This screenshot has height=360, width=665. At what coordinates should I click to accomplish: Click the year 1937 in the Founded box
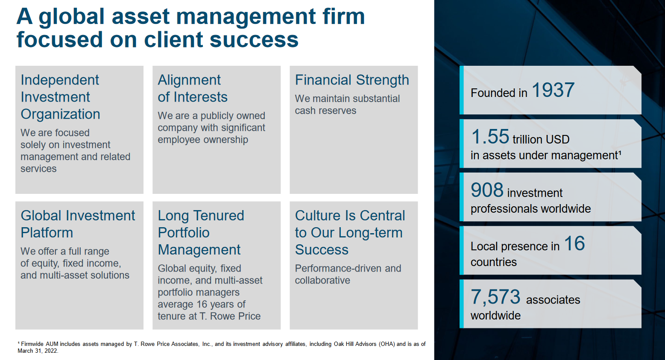553,90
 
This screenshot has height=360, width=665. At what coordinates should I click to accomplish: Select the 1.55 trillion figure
490,137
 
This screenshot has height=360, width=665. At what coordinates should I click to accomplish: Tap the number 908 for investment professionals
487,190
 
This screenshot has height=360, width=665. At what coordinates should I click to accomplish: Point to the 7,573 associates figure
495,297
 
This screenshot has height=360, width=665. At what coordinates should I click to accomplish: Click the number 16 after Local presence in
574,244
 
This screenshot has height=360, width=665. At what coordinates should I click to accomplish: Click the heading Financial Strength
352,80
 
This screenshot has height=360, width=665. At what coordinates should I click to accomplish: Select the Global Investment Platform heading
78,224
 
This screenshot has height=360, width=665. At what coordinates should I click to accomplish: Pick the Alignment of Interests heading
192,88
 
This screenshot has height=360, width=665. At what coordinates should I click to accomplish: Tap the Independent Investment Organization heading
60,97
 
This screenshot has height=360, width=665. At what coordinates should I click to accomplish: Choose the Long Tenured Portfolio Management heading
201,232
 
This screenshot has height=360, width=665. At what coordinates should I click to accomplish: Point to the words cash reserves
325,111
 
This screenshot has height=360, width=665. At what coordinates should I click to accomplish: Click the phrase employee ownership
202,140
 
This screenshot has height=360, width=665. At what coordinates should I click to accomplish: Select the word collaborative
322,281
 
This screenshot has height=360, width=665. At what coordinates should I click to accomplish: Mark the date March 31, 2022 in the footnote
38,351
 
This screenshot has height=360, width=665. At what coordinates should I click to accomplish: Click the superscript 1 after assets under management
620,152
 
